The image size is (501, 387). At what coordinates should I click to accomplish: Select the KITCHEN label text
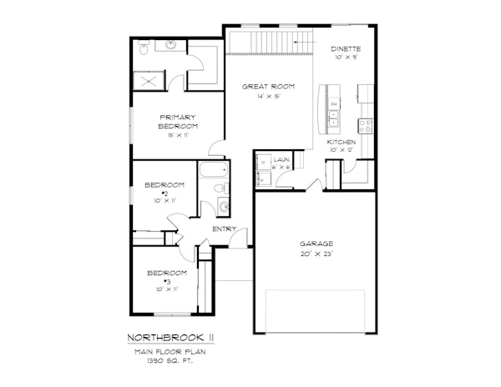342,143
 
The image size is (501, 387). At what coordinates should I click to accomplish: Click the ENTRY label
224,229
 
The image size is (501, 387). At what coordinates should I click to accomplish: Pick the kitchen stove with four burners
364,127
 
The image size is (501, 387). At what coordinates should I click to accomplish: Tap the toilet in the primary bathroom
144,52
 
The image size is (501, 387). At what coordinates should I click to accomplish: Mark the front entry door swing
243,241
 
